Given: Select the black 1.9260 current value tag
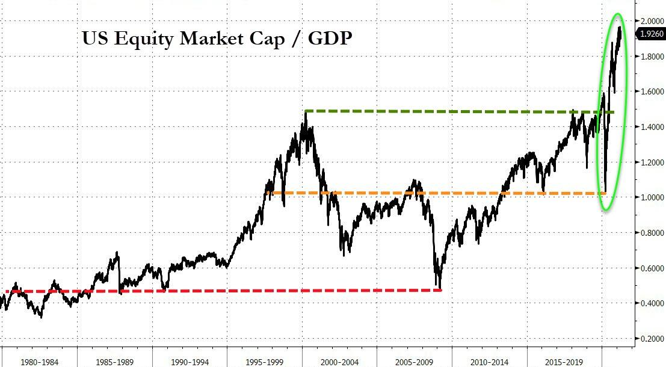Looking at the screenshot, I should point(652,34).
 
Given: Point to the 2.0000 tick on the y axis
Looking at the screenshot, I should point(652,21).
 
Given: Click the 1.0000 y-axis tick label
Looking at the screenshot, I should point(652,197).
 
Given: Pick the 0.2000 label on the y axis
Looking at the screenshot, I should point(652,339).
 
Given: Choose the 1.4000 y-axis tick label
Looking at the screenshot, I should point(652,127).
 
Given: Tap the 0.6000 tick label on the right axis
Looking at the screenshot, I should point(652,268).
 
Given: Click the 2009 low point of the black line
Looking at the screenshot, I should point(440,288).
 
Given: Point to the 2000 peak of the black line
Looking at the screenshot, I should point(306,113).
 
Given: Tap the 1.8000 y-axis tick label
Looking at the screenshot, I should point(652,57).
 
